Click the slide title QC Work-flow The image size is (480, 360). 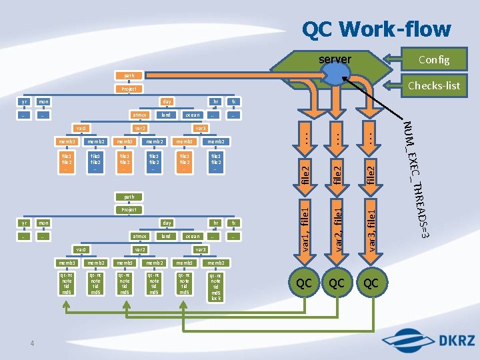376,29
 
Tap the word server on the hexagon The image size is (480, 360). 335,59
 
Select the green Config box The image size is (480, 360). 433,59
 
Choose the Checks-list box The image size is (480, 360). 433,85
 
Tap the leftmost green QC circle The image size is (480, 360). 303,283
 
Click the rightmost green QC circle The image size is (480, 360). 371,283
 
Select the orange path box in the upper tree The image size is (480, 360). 129,75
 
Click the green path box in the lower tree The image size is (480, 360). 129,197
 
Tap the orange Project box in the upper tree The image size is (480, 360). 129,89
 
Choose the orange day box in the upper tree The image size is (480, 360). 167,101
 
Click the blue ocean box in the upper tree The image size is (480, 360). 192,115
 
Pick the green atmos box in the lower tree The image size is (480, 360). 139,236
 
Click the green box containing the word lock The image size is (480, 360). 215,287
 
